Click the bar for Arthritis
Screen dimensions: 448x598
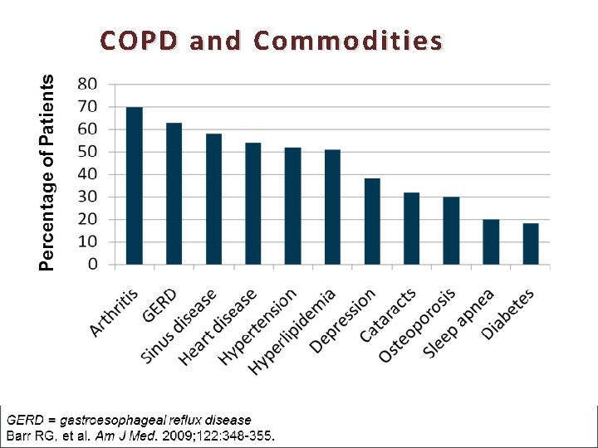pos(134,186)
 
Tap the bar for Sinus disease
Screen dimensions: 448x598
pos(213,199)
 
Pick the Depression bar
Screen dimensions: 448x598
pos(372,222)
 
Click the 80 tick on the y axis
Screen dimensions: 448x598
pos(86,84)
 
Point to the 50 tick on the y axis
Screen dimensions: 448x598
pos(86,152)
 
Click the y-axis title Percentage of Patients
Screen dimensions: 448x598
pos(48,173)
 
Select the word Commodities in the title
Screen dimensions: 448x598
pos(347,40)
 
